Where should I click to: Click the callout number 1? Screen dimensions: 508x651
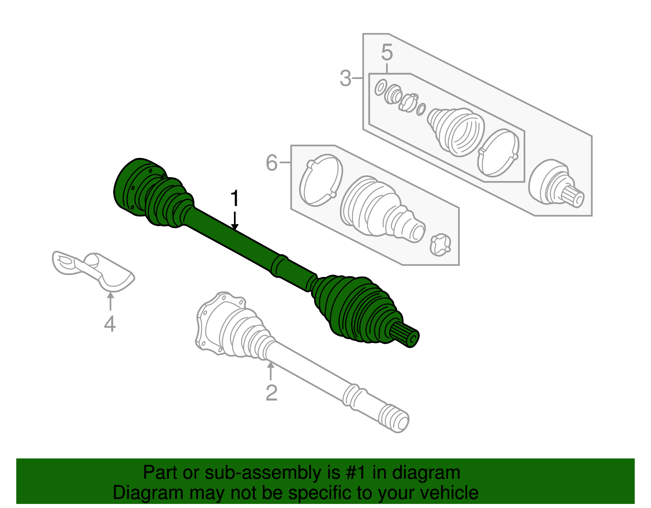pyautogui.click(x=234, y=199)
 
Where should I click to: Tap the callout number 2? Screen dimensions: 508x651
pyautogui.click(x=271, y=393)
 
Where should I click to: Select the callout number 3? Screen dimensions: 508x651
pyautogui.click(x=345, y=78)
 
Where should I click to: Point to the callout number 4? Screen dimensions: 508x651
pyautogui.click(x=110, y=324)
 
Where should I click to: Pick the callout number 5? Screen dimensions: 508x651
pyautogui.click(x=387, y=53)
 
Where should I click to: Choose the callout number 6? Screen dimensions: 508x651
pyautogui.click(x=271, y=163)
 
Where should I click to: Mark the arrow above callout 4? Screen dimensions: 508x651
pyautogui.click(x=110, y=301)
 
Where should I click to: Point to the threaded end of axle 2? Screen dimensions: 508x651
pyautogui.click(x=394, y=418)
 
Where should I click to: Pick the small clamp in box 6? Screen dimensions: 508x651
pyautogui.click(x=440, y=245)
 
